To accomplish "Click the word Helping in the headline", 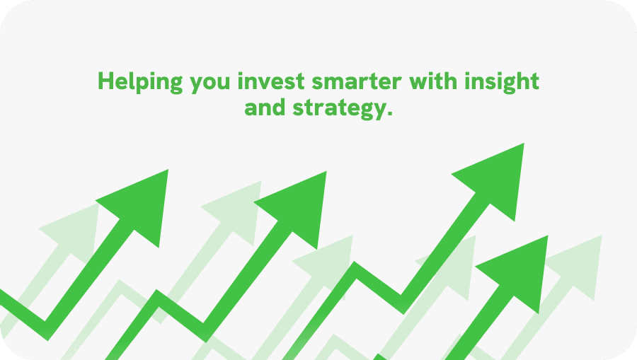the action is (140, 82).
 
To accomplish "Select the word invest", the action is (271, 81).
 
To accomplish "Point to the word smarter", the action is (357, 81).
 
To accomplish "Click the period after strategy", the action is (390, 114).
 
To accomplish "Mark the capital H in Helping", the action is (105, 81).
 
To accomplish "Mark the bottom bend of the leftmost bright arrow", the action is (46, 331).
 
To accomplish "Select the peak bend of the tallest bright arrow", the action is (355, 269).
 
